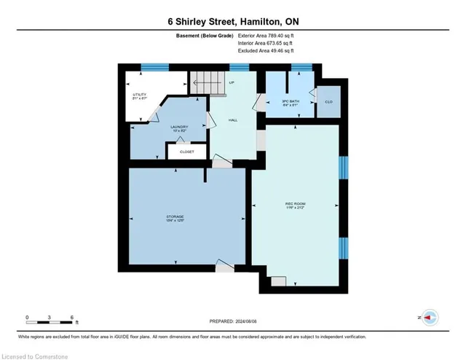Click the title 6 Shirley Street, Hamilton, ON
[233, 21]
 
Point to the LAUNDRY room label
[179, 129]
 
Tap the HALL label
[233, 120]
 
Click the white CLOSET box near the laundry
[186, 152]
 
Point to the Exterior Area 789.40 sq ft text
[266, 36]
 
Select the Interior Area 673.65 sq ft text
[266, 44]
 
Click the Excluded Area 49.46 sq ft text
[266, 51]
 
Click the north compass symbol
[430, 318]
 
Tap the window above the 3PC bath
[301, 67]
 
